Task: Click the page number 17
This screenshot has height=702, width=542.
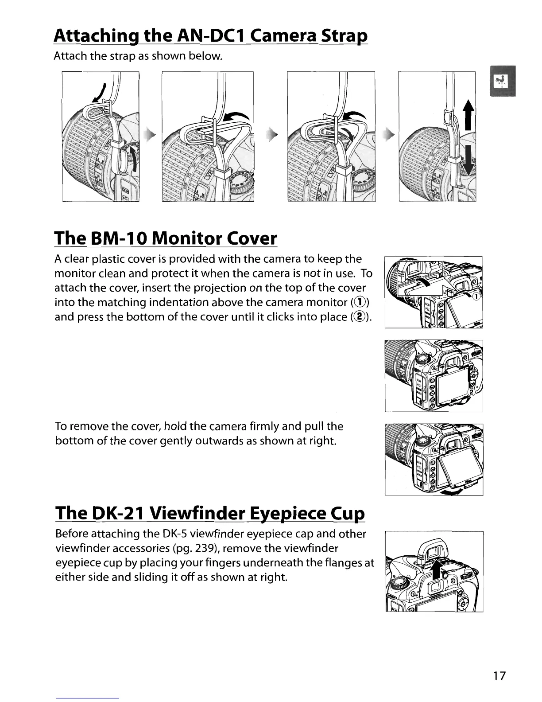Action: [499, 676]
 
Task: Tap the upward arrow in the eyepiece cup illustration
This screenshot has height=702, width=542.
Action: [437, 569]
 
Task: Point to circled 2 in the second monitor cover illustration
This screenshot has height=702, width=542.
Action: [472, 392]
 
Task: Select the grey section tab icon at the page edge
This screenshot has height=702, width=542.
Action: [502, 81]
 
